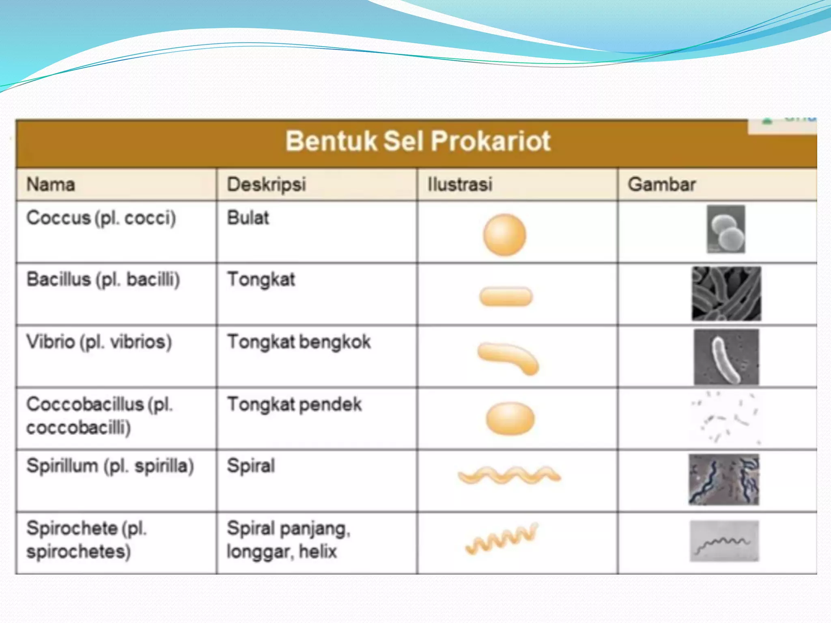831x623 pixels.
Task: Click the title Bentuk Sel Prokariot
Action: (418, 141)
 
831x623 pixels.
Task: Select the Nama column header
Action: (51, 185)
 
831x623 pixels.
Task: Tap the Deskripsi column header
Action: (266, 185)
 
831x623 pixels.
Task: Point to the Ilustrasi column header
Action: (460, 185)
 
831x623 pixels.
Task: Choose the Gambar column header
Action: (662, 185)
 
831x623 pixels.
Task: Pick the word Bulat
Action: (248, 218)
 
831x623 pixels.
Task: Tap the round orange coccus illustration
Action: (504, 235)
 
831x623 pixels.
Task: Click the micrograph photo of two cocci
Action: (726, 229)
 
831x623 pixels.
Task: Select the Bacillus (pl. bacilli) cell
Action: (103, 280)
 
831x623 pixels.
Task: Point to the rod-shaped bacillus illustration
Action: (506, 296)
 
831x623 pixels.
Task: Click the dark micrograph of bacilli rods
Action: (726, 294)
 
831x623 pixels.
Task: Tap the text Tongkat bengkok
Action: (299, 342)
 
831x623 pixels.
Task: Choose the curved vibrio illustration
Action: (508, 358)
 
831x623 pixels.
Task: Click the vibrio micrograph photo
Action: (726, 357)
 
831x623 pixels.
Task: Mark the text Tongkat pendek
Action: (295, 404)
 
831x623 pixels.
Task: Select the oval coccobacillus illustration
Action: (510, 419)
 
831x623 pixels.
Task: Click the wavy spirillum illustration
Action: (509, 475)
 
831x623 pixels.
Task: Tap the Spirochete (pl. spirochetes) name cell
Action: (86, 540)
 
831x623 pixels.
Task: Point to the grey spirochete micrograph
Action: (724, 541)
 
